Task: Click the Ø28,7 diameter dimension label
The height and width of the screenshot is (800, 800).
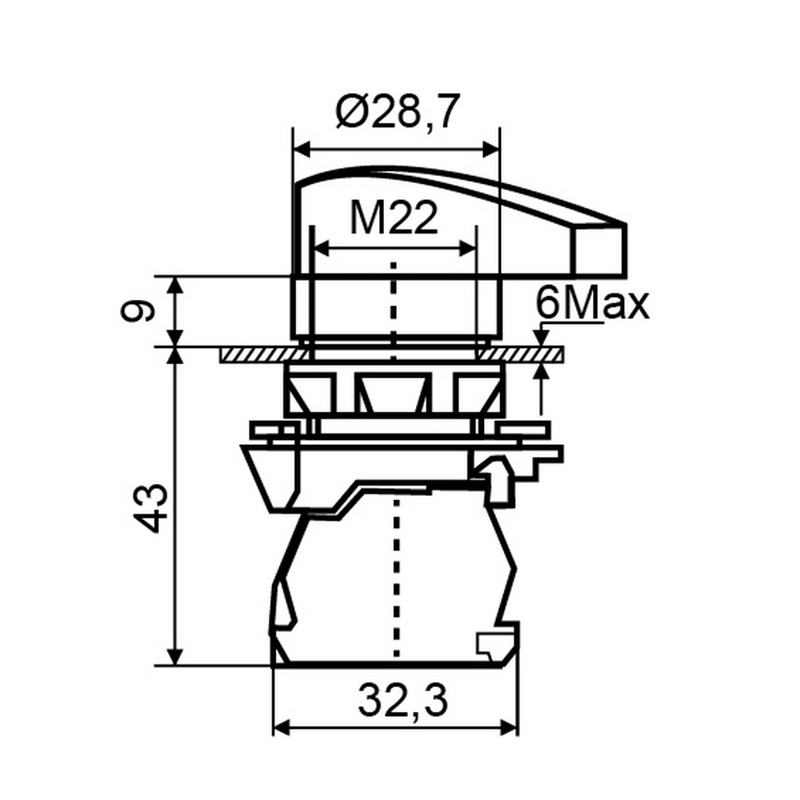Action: click(x=398, y=111)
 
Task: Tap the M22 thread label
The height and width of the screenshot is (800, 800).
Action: click(x=394, y=218)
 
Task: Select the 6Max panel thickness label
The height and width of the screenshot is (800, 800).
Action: click(x=592, y=305)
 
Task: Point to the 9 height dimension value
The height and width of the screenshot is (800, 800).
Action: click(x=138, y=311)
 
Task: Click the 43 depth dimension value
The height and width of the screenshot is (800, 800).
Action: click(x=150, y=508)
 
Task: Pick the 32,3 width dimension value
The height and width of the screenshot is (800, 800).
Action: click(x=402, y=701)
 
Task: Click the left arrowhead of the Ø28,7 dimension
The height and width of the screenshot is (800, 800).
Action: click(x=302, y=150)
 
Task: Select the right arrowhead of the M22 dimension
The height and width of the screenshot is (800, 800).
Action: click(x=468, y=249)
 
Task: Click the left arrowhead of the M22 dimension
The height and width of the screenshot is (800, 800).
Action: click(x=321, y=249)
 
